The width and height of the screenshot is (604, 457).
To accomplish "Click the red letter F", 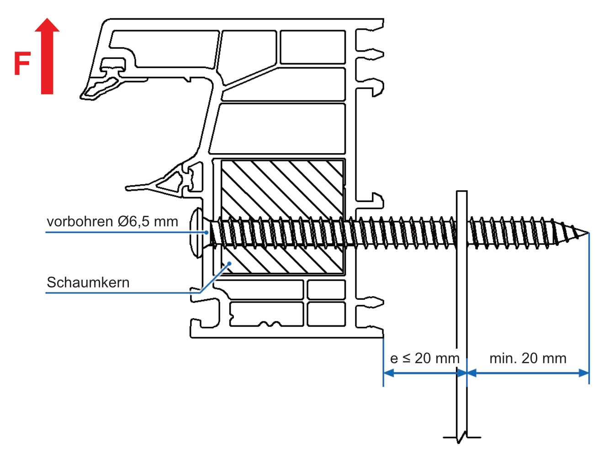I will pyautogui.click(x=22, y=64).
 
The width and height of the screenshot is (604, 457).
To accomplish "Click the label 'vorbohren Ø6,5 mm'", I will pyautogui.click(x=112, y=222).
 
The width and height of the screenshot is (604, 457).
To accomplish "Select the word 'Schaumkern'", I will pyautogui.click(x=88, y=282).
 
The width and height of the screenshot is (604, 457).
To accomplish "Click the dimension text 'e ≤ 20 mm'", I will pyautogui.click(x=424, y=358).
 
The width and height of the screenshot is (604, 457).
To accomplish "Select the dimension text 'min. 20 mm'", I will pyautogui.click(x=528, y=358).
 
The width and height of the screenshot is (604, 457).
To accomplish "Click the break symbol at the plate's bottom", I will pyautogui.click(x=462, y=437).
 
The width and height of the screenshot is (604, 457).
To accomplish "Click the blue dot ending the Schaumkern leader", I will pyautogui.click(x=229, y=264).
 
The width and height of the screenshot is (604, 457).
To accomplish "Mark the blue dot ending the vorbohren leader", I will pyautogui.click(x=207, y=232).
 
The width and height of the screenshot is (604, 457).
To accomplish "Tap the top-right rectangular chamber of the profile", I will pyautogui.click(x=313, y=47).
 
